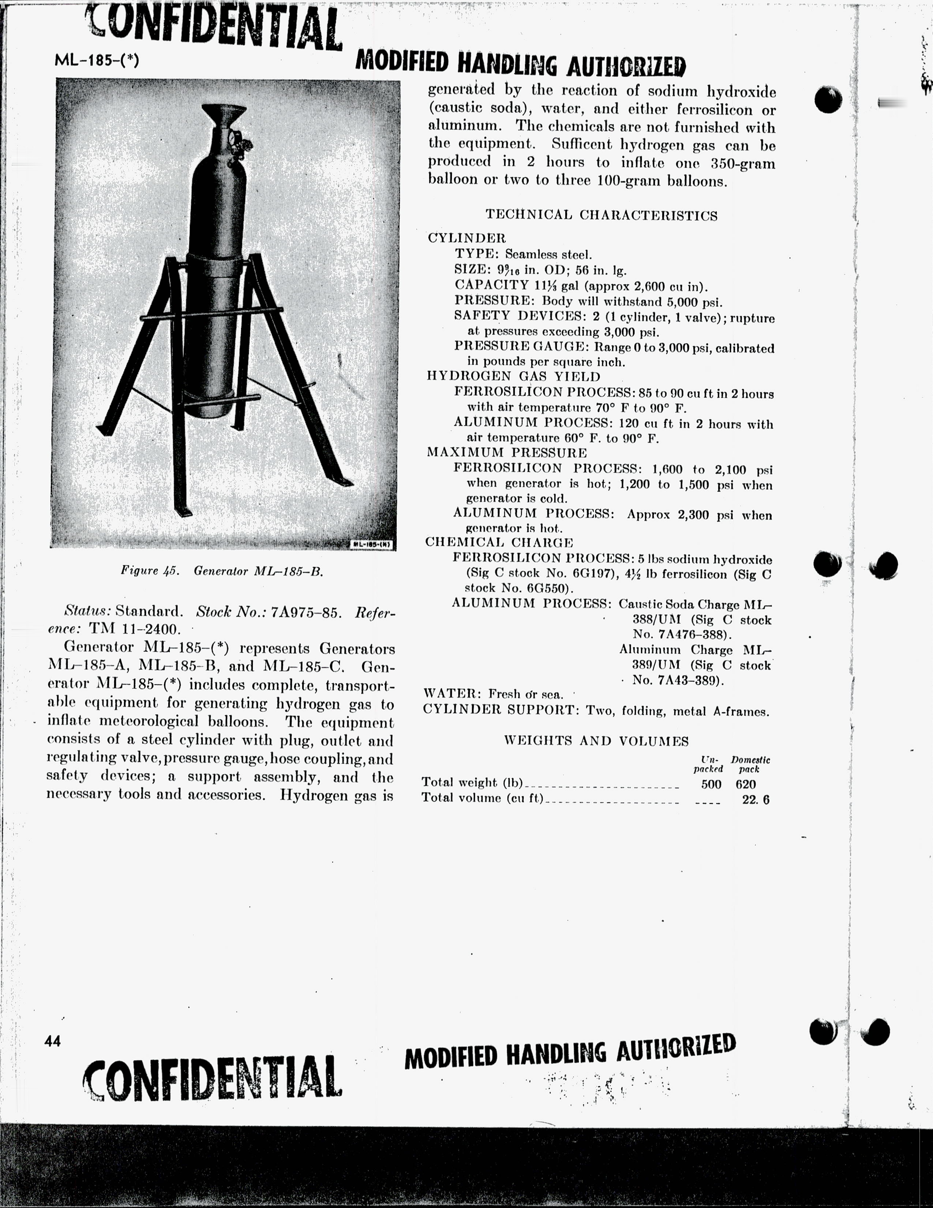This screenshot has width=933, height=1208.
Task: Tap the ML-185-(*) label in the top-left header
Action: point(97,60)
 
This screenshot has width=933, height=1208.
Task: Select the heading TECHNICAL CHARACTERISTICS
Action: point(602,216)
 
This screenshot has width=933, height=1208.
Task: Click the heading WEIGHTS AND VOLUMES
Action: point(596,741)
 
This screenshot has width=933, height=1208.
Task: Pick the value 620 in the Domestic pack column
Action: point(746,784)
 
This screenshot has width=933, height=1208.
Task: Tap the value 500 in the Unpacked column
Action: point(711,784)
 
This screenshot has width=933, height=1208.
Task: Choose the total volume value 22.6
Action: point(756,800)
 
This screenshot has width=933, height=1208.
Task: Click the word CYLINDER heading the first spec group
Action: point(466,238)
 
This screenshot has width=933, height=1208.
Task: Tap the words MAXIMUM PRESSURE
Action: point(506,452)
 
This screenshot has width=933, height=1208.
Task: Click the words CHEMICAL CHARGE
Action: point(499,542)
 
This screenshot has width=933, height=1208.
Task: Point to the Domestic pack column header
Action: point(750,764)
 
